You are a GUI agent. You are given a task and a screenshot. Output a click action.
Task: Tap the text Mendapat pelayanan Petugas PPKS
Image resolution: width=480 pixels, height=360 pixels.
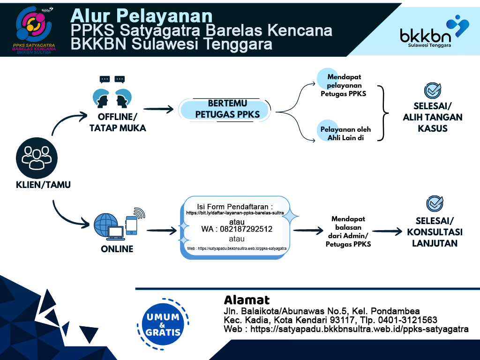pos(344,85)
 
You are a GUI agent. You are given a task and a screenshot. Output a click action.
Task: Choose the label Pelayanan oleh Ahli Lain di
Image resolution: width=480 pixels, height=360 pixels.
pos(346,134)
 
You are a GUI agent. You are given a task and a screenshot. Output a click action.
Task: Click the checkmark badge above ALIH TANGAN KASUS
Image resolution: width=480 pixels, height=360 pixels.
pos(432,90)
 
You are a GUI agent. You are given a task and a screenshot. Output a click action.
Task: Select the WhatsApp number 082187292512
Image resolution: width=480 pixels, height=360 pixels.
pos(237,230)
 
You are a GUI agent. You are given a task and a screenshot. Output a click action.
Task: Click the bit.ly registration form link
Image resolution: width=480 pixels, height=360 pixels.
pos(235,213)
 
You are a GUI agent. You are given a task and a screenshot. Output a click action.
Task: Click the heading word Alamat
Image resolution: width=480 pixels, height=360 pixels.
pos(247,300)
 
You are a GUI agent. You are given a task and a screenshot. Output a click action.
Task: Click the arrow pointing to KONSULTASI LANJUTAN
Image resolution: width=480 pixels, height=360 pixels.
pos(387,231)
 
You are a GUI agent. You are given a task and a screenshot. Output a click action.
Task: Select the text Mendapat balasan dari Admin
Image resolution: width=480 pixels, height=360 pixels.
pos(348,231)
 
